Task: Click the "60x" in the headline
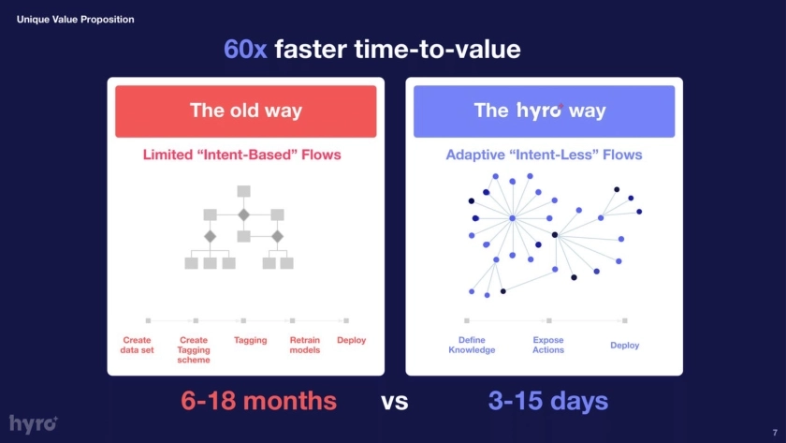[x=245, y=49]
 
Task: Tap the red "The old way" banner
[x=245, y=111]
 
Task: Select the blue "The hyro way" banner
[x=544, y=111]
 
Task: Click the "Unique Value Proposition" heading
[x=75, y=19]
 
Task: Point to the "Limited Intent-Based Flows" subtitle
[x=241, y=155]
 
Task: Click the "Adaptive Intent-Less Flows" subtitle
[x=544, y=155]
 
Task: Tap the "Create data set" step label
[x=137, y=345]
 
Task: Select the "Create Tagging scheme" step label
[x=194, y=349]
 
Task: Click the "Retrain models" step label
[x=305, y=345]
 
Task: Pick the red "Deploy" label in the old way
[x=352, y=340]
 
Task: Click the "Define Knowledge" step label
[x=472, y=345]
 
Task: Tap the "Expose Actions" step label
[x=548, y=345]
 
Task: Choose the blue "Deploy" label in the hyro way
[x=625, y=346]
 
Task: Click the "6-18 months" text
[x=258, y=401]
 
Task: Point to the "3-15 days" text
[x=548, y=401]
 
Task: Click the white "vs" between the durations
[x=395, y=402]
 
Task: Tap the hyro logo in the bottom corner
[x=34, y=424]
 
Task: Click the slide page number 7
[x=775, y=433]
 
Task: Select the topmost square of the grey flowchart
[x=243, y=191]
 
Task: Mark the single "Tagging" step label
[x=250, y=340]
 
